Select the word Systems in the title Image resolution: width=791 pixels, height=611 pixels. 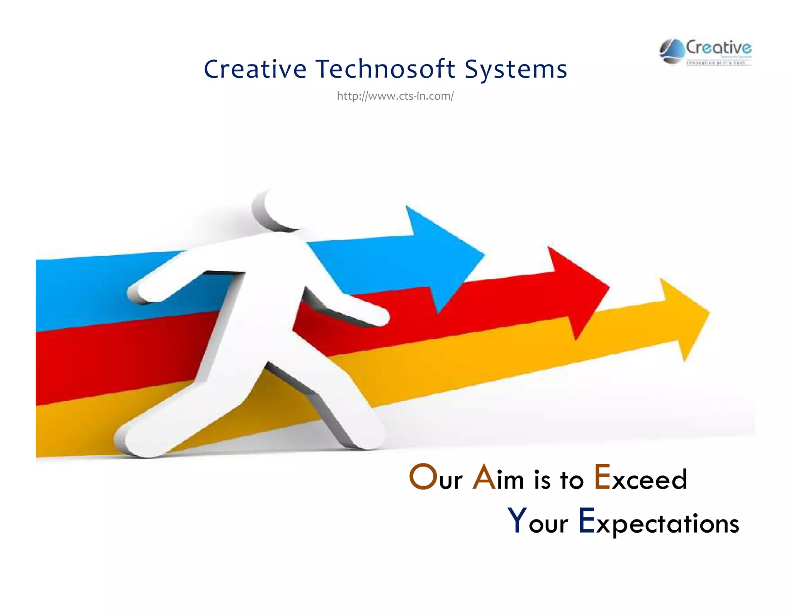(x=516, y=70)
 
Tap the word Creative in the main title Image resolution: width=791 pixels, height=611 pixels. (x=255, y=69)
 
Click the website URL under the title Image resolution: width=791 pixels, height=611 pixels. (x=395, y=96)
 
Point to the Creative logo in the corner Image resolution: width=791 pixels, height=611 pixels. (x=705, y=52)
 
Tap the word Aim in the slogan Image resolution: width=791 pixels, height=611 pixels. (x=498, y=479)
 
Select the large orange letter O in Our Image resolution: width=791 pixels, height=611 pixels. (x=422, y=477)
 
